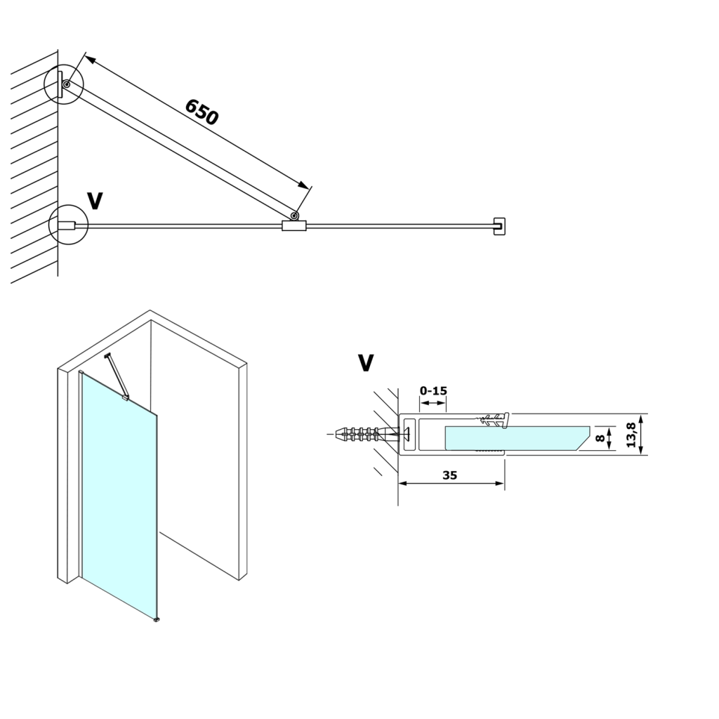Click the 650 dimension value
pos(202,111)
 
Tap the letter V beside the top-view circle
pos(95,201)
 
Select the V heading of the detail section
pos(365,363)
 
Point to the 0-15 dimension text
pos(433,390)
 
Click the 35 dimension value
pos(450,475)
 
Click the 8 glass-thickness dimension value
pos(598,439)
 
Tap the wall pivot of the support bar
pos(65,85)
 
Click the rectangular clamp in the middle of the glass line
pos(294,225)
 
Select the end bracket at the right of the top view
pos(499,226)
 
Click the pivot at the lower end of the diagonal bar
pos(295,216)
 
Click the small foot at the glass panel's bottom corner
pos(157,619)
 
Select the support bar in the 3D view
pos(117,376)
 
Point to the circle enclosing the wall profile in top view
pos(67,224)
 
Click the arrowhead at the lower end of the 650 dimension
pos(304,186)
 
